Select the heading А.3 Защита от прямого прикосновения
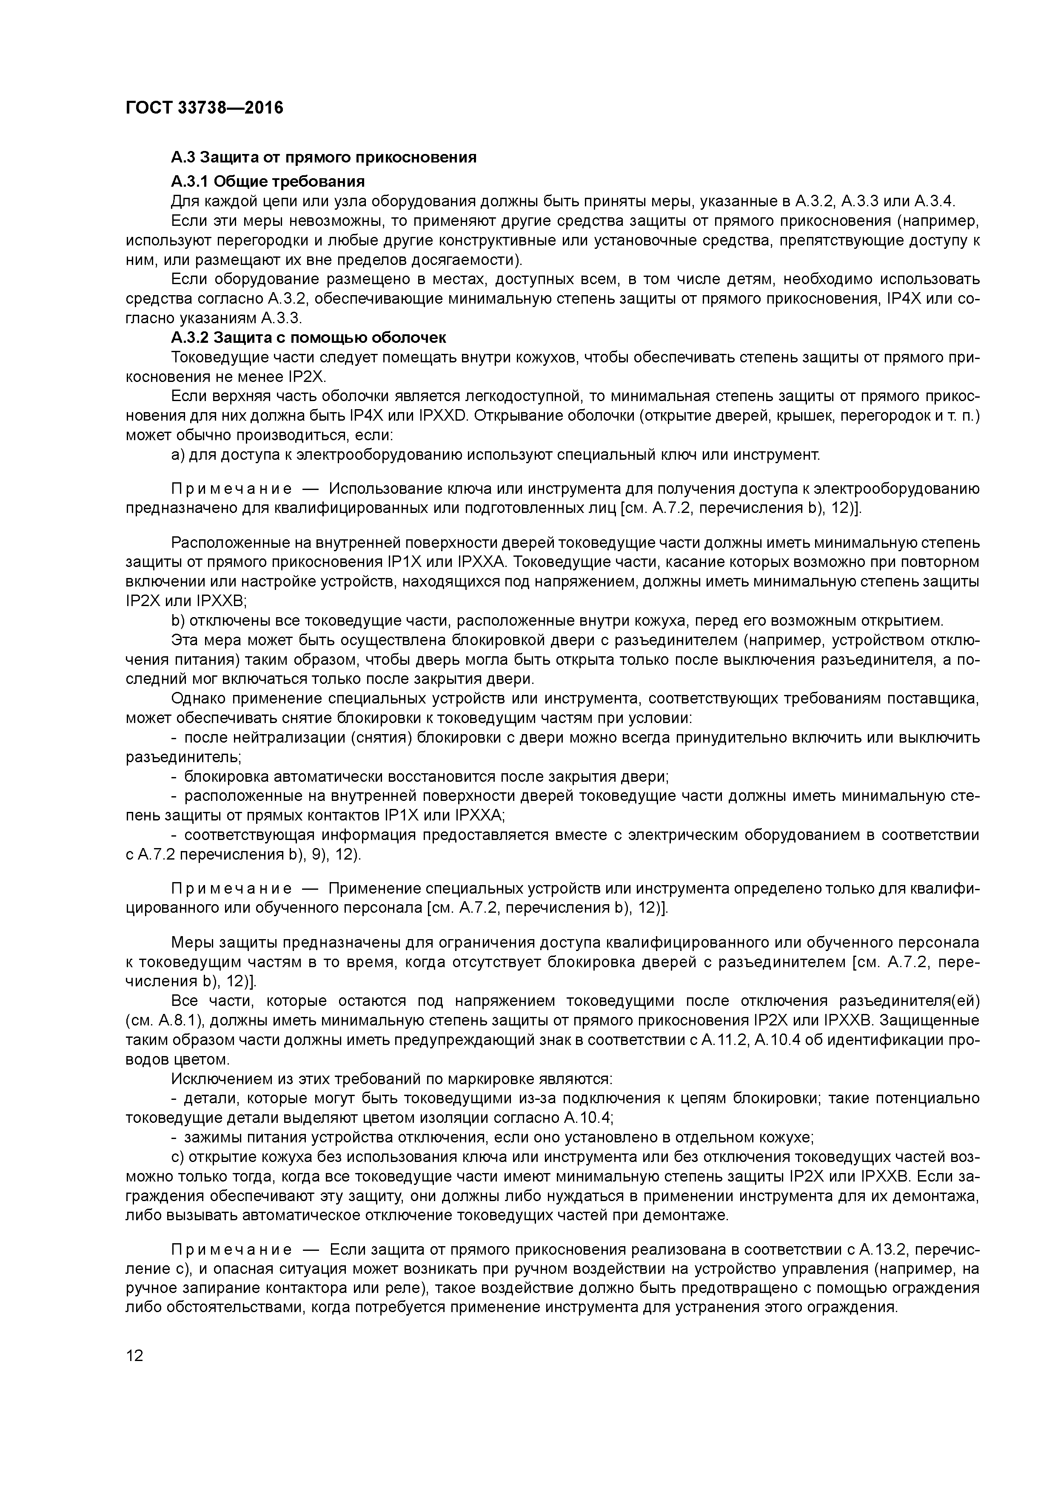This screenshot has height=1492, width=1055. click(324, 157)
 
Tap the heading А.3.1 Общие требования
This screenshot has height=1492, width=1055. click(268, 181)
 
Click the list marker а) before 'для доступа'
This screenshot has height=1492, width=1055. click(178, 455)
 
